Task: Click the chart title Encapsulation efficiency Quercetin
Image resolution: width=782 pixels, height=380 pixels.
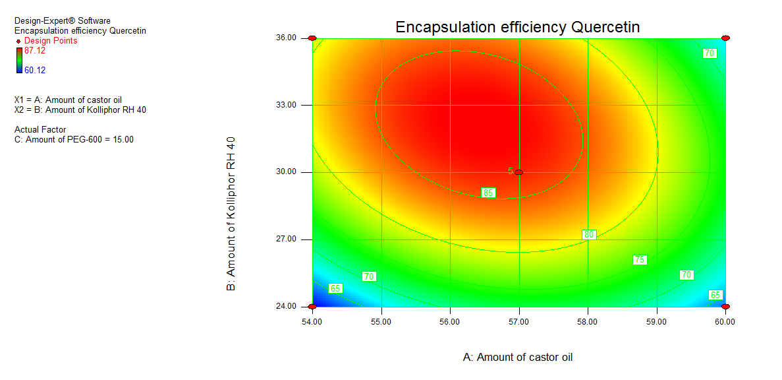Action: (x=517, y=27)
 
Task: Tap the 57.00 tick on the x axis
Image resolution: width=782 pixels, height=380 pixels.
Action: (x=518, y=322)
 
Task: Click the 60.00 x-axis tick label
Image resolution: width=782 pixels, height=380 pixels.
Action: (x=725, y=322)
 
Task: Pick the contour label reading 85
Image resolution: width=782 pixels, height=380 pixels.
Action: (x=488, y=193)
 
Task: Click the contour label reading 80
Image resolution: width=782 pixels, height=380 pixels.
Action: (x=589, y=234)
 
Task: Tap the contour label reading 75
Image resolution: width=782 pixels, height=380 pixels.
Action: (x=639, y=260)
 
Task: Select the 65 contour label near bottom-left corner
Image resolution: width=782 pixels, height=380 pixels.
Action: (x=335, y=288)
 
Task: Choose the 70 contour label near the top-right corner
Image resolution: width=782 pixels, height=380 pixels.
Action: (x=710, y=53)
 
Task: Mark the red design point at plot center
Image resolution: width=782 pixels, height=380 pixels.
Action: (x=519, y=172)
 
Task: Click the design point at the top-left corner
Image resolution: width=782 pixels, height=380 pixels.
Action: (x=312, y=38)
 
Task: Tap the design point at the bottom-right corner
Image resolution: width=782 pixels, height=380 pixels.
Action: (x=725, y=307)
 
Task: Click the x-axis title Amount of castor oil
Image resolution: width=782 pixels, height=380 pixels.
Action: (x=518, y=357)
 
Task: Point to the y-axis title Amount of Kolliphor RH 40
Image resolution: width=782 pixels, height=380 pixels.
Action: (x=231, y=214)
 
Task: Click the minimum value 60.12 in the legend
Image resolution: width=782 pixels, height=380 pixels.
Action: (x=35, y=70)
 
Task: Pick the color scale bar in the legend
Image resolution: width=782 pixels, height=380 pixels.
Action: (x=19, y=60)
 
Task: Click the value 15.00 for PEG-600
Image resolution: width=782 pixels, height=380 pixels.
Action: (x=122, y=139)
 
